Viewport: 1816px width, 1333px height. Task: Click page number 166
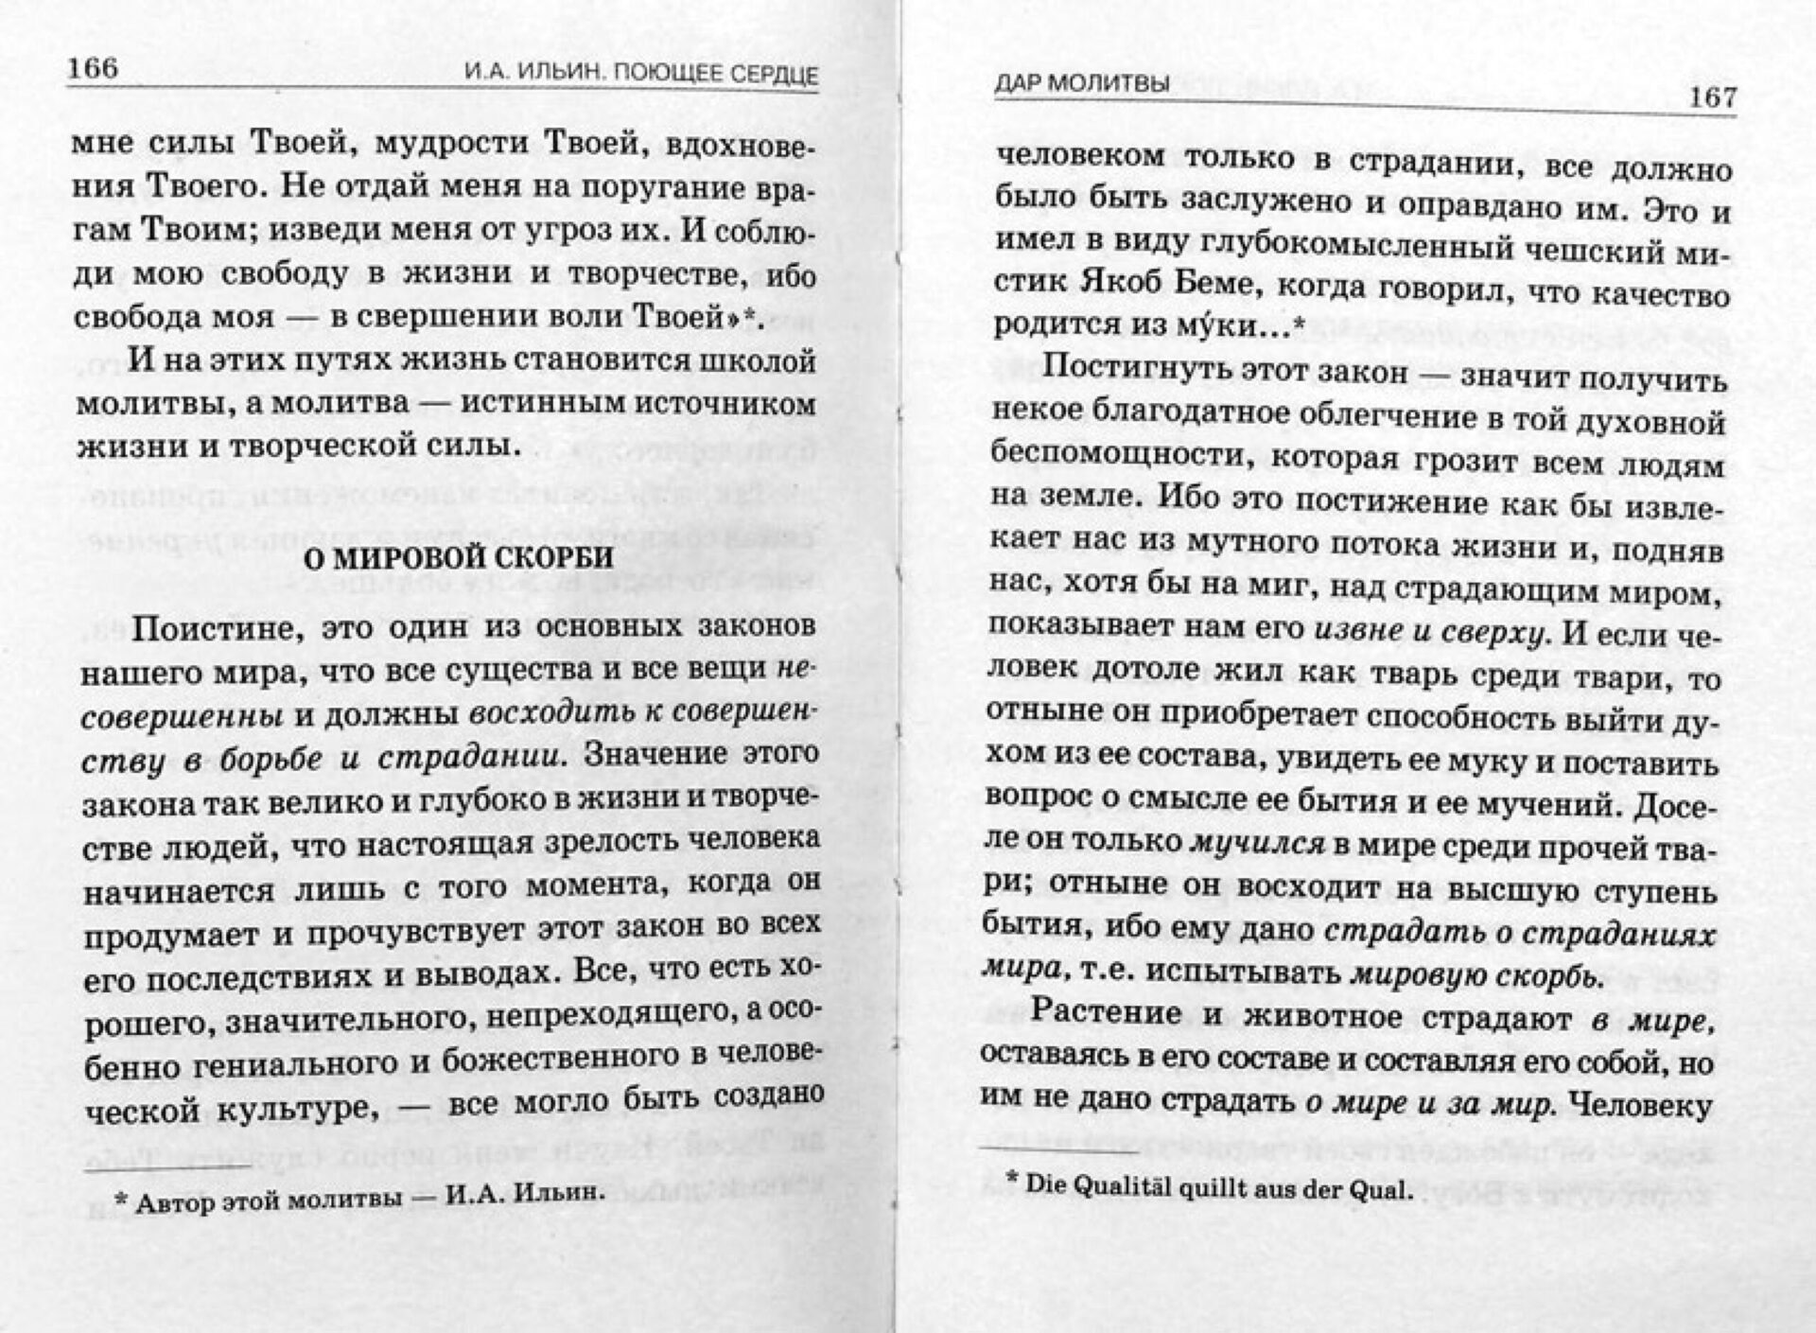(93, 68)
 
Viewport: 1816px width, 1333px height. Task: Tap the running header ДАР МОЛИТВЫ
(1081, 83)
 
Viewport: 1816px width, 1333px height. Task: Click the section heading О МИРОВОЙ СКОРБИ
(457, 558)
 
